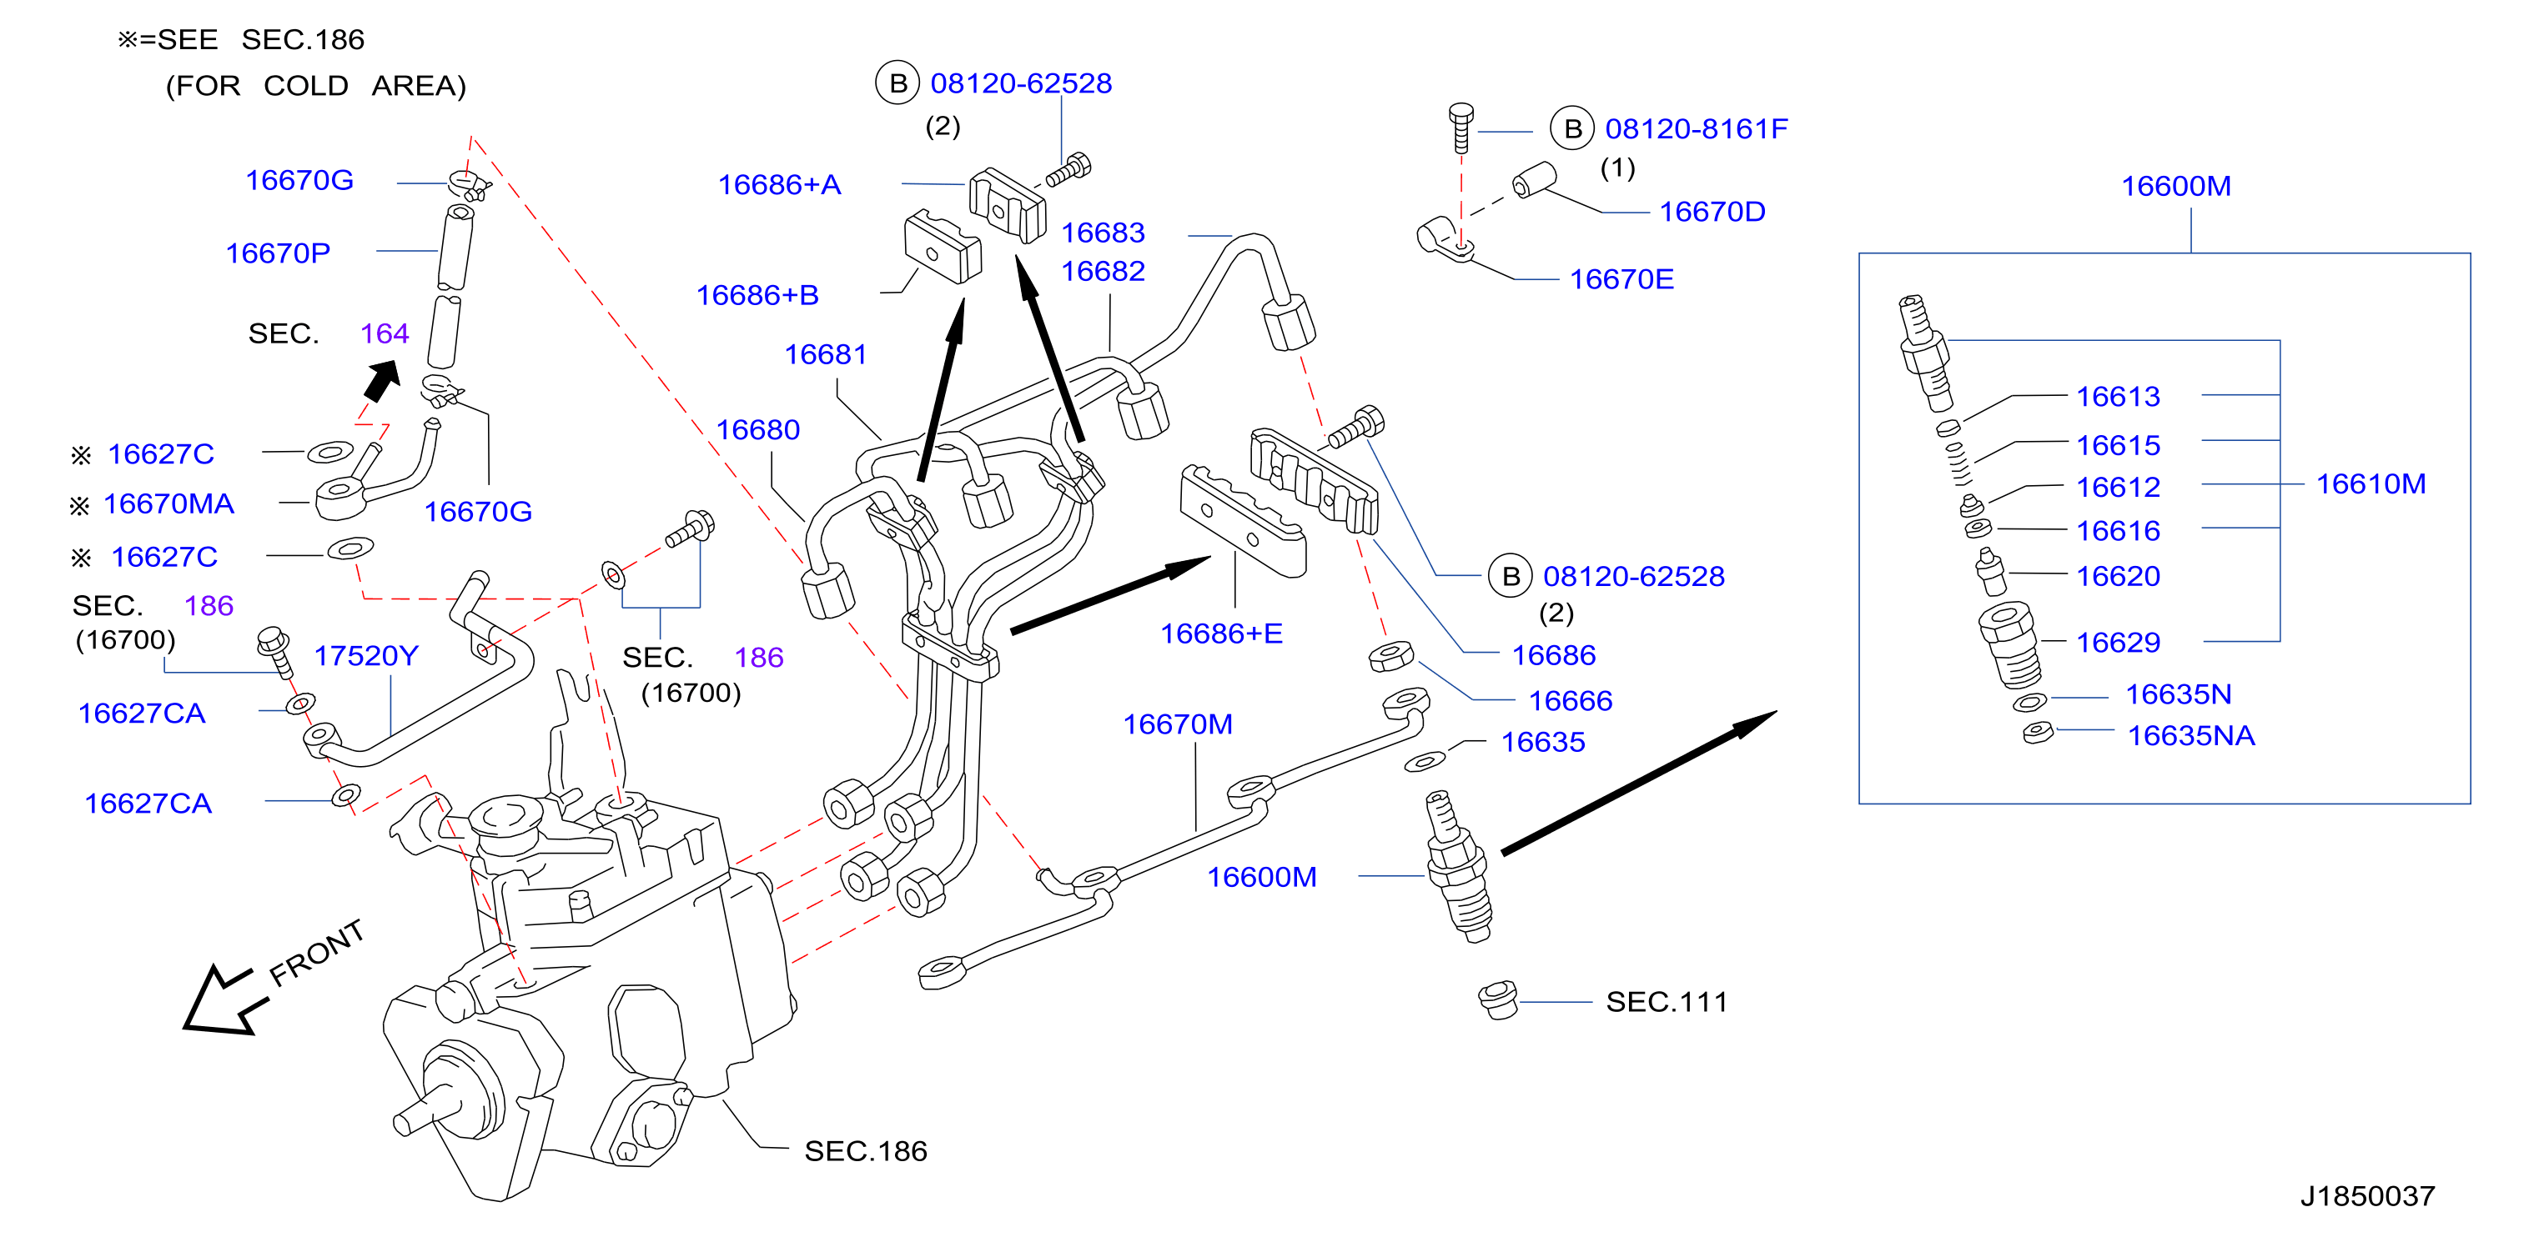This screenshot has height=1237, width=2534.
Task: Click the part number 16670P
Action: click(279, 253)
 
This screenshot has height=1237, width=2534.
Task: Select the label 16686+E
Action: click(1221, 634)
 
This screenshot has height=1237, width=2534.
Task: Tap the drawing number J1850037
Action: click(2367, 1195)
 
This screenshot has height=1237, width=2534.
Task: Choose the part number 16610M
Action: click(2371, 483)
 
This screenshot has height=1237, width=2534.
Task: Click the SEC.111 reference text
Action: click(1667, 1002)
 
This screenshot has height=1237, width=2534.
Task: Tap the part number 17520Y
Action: click(366, 656)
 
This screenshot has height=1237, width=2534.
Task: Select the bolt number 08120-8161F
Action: click(1696, 129)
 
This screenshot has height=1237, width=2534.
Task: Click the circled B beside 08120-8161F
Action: click(1572, 129)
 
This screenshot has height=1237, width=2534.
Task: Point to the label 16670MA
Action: click(168, 504)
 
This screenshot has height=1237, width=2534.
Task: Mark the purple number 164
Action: click(385, 333)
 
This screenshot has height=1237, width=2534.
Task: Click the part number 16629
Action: click(2118, 642)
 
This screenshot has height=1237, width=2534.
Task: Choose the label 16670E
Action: click(1621, 279)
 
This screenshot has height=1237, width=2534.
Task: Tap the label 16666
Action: click(1570, 701)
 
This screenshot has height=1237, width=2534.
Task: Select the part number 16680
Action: click(757, 430)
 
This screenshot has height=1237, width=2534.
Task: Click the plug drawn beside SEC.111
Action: click(1498, 1000)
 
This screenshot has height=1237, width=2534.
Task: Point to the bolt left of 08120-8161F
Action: click(1462, 128)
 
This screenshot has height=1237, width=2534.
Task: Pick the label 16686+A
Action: click(779, 185)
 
